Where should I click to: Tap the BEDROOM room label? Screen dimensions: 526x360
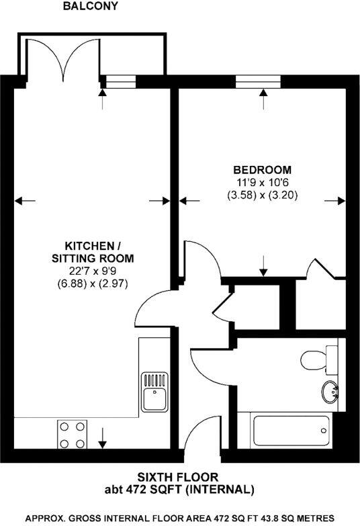pos(262,169)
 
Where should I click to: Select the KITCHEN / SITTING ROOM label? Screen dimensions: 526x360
pos(93,251)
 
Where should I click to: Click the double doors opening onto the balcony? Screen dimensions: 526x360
pos(63,60)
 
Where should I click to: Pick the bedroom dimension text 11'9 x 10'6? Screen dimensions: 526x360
pos(262,183)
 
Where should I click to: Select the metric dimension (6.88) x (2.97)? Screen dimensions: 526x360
pos(93,284)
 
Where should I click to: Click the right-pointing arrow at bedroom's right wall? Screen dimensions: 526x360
pos(336,200)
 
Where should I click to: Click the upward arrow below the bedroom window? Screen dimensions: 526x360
pos(262,99)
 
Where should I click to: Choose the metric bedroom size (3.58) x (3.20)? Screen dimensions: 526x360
pos(262,196)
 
